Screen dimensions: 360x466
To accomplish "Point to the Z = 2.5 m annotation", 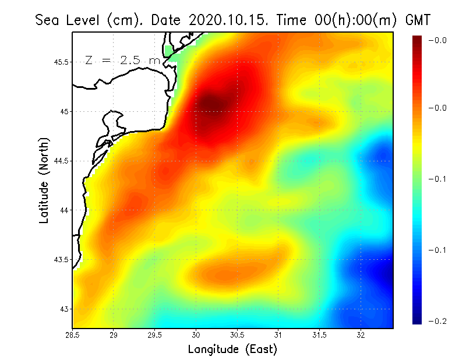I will coord(122,61).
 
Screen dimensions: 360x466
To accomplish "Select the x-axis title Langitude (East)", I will coord(232,349).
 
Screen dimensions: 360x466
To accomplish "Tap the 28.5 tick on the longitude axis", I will coord(73,335).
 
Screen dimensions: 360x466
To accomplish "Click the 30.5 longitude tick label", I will coord(237,335).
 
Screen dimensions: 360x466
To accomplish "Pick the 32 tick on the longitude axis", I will coord(361,335).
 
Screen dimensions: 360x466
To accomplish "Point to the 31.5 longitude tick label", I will coord(319,335).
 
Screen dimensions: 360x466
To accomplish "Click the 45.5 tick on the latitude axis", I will coord(61,62).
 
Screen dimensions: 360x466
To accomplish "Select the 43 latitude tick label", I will coord(65,309).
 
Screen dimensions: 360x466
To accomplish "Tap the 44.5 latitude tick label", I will coord(61,161).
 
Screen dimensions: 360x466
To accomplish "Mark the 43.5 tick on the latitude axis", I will coord(61,259).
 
